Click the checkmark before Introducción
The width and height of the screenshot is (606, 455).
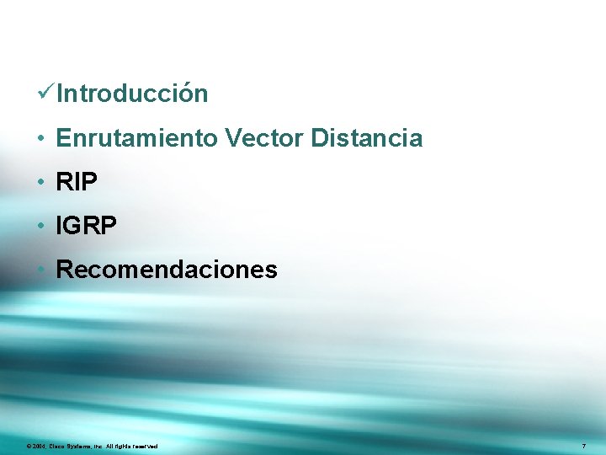tap(47, 94)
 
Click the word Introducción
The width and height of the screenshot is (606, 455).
tap(133, 94)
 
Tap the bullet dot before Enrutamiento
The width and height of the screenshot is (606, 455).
tap(40, 138)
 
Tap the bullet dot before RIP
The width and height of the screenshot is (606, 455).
tap(40, 182)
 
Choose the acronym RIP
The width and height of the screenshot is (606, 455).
tap(77, 182)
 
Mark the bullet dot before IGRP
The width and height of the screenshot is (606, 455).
tap(40, 226)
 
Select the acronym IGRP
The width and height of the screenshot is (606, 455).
tap(87, 226)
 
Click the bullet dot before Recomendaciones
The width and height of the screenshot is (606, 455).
tap(40, 270)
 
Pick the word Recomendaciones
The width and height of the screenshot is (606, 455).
tap(166, 270)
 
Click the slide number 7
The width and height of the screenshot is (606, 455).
tap(583, 445)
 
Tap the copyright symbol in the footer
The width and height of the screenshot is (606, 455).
tap(29, 445)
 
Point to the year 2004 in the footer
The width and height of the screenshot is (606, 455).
tap(38, 445)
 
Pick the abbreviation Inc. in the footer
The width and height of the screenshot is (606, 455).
tap(98, 445)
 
